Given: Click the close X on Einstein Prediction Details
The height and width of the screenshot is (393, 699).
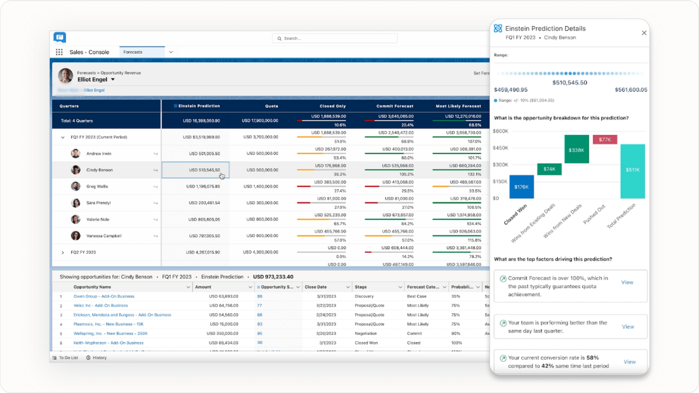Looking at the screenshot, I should click(644, 33).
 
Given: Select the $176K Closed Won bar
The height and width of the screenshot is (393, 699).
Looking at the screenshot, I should click(521, 187).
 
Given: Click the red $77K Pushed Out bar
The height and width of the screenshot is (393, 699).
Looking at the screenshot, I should click(605, 140).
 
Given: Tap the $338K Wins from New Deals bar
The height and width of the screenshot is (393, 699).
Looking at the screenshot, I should click(576, 149).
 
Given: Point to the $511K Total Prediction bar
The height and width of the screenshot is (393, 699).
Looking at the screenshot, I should click(632, 171).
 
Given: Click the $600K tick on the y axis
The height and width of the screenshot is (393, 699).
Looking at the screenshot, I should click(500, 131).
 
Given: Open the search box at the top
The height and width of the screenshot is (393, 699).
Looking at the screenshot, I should click(335, 38).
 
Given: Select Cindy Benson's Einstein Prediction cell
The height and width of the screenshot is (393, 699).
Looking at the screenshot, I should click(196, 170).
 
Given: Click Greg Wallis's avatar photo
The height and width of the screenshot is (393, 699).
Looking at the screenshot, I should click(76, 186).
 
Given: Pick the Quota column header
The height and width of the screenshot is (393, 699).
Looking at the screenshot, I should click(271, 106).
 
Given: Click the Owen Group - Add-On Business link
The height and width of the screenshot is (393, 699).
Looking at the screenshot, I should click(104, 297).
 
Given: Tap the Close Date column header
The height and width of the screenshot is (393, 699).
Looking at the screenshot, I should click(316, 287).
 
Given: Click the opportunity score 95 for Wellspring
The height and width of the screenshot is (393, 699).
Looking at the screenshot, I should click(260, 334).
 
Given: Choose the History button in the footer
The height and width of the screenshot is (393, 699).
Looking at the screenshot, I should click(97, 358).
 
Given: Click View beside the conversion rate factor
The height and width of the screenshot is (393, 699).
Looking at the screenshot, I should click(630, 362).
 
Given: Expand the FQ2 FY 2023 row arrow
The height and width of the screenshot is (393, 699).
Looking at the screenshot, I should click(63, 252).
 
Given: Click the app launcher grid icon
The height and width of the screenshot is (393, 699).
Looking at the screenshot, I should click(59, 52).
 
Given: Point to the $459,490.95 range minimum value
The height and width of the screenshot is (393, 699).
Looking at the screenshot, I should click(511, 90).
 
